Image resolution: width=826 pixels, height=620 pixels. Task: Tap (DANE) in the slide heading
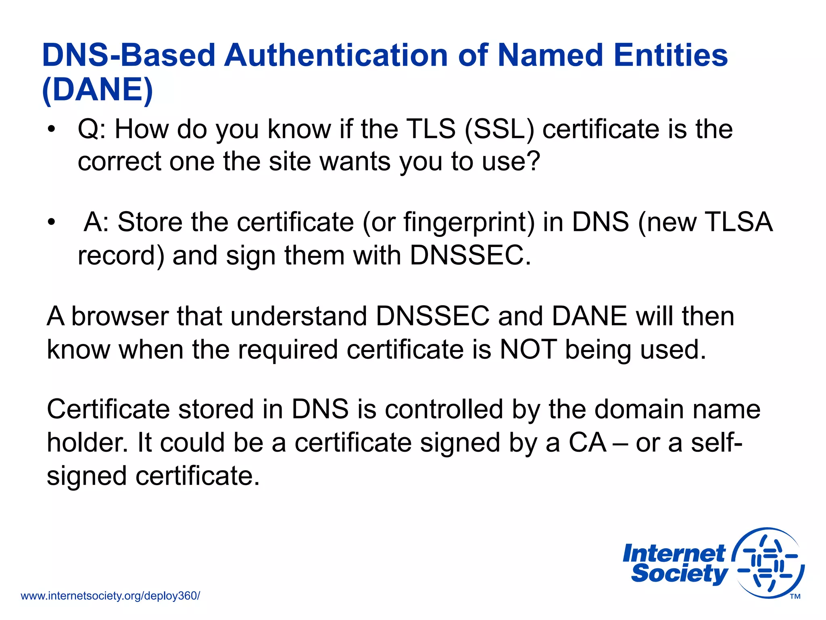click(98, 90)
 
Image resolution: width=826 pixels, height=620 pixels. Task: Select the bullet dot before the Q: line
click(51, 130)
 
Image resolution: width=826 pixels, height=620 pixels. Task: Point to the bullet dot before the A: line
click(51, 222)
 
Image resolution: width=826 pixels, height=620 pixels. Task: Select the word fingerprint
click(469, 223)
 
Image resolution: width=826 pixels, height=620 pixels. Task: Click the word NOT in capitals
click(528, 349)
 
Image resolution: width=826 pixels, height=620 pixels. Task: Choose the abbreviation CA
click(588, 443)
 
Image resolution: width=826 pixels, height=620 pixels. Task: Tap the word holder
click(88, 443)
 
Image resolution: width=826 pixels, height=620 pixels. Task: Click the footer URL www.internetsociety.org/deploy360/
click(110, 596)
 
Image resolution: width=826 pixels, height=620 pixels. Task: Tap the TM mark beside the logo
click(795, 597)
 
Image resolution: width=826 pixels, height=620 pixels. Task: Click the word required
click(288, 349)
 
